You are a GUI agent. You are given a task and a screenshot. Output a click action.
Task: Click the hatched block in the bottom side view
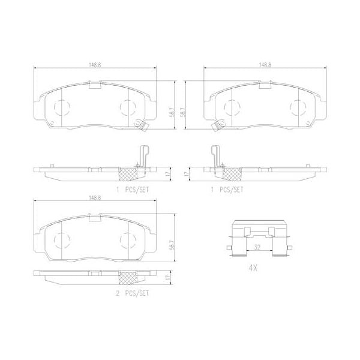[127, 278]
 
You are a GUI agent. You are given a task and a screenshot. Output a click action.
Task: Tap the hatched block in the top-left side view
[127, 173]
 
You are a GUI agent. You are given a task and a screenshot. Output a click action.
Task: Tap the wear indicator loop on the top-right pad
[217, 125]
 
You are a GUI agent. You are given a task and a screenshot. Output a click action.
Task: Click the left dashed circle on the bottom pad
[62, 241]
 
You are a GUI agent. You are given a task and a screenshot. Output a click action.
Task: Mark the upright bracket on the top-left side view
[143, 157]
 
